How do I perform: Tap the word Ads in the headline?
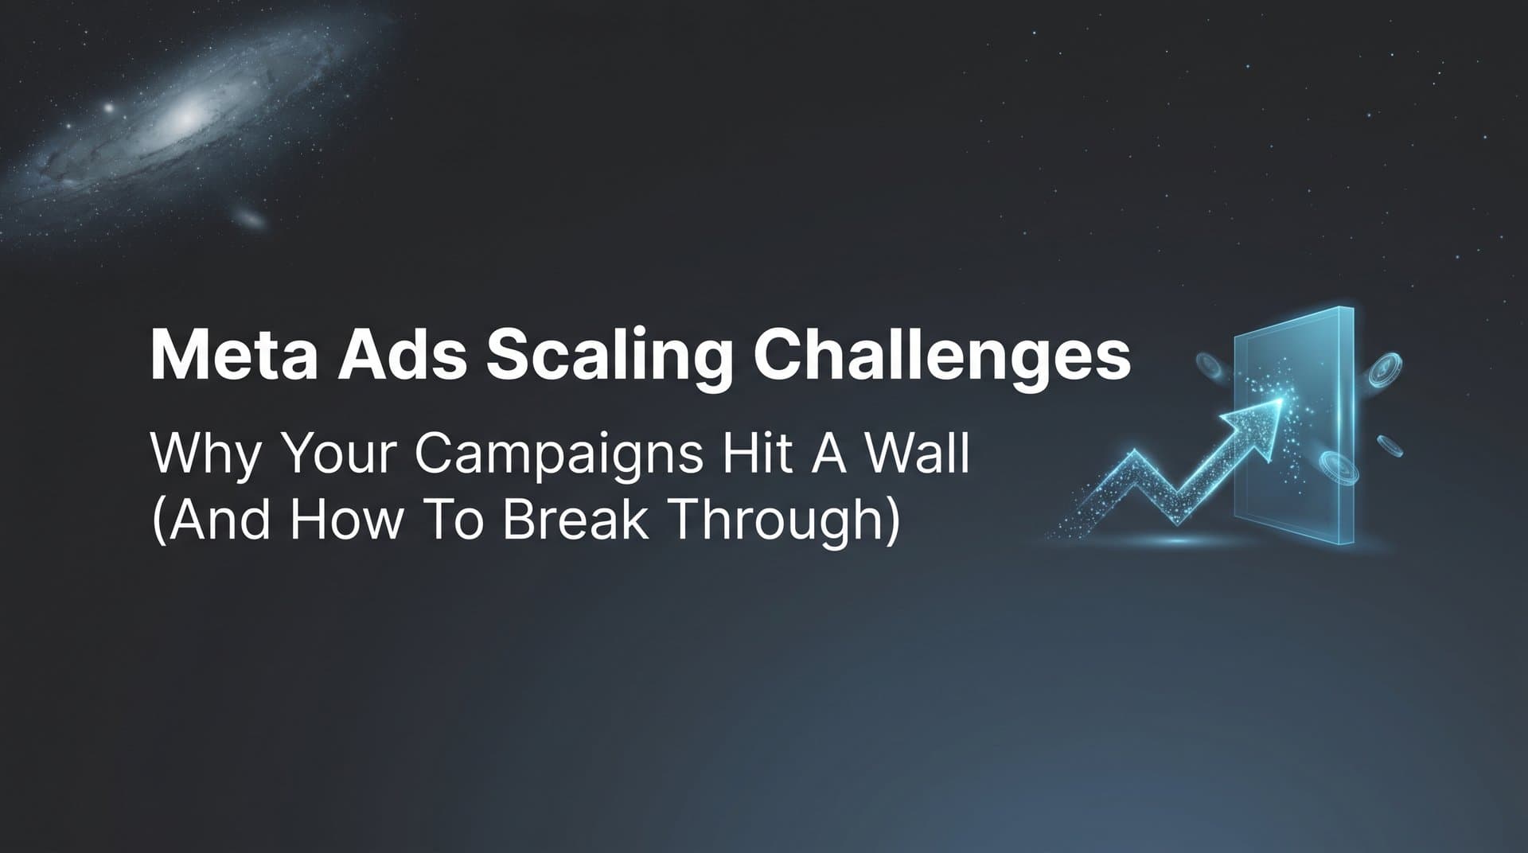coord(402,356)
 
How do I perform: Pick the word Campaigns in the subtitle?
coord(559,455)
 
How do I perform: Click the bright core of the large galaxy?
coord(186,118)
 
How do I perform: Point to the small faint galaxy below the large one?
coord(251,218)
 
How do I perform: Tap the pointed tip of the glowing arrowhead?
coord(1283,399)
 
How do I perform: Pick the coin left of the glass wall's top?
coord(1210,366)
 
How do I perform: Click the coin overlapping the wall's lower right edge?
coord(1338,468)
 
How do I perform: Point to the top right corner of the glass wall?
coord(1352,308)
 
